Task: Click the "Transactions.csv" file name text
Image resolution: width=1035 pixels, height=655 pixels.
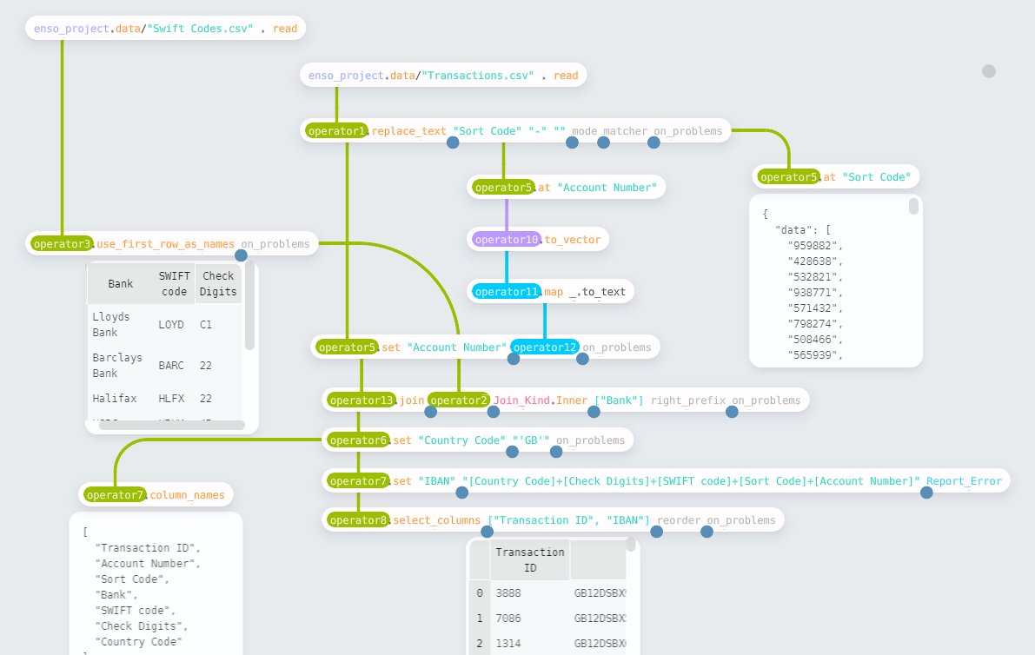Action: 476,76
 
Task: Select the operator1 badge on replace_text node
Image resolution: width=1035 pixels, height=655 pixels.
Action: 337,131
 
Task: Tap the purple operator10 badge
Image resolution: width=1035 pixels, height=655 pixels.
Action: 507,239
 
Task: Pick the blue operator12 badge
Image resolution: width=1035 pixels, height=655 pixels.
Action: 545,347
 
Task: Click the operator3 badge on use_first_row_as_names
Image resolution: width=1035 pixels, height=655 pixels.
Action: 61,244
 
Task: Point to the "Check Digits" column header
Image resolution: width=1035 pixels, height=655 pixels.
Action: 217,284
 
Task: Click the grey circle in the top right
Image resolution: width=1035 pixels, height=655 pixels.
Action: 989,71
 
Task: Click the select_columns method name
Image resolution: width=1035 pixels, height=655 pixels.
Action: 438,520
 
